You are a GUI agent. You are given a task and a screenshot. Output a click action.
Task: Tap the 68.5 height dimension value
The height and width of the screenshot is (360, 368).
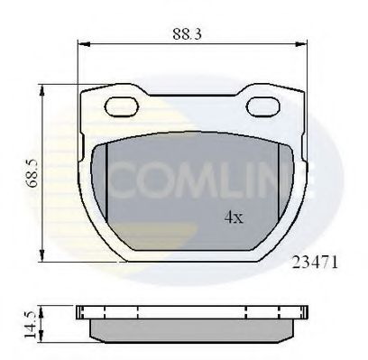[32, 171]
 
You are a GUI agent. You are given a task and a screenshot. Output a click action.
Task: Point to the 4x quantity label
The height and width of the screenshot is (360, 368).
[234, 217]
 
